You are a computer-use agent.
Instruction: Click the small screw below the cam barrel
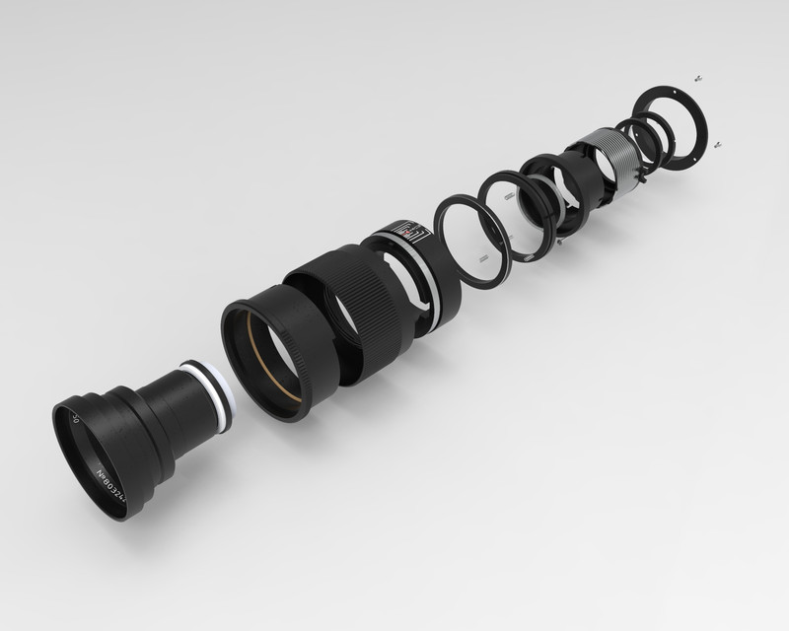click(x=560, y=240)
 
